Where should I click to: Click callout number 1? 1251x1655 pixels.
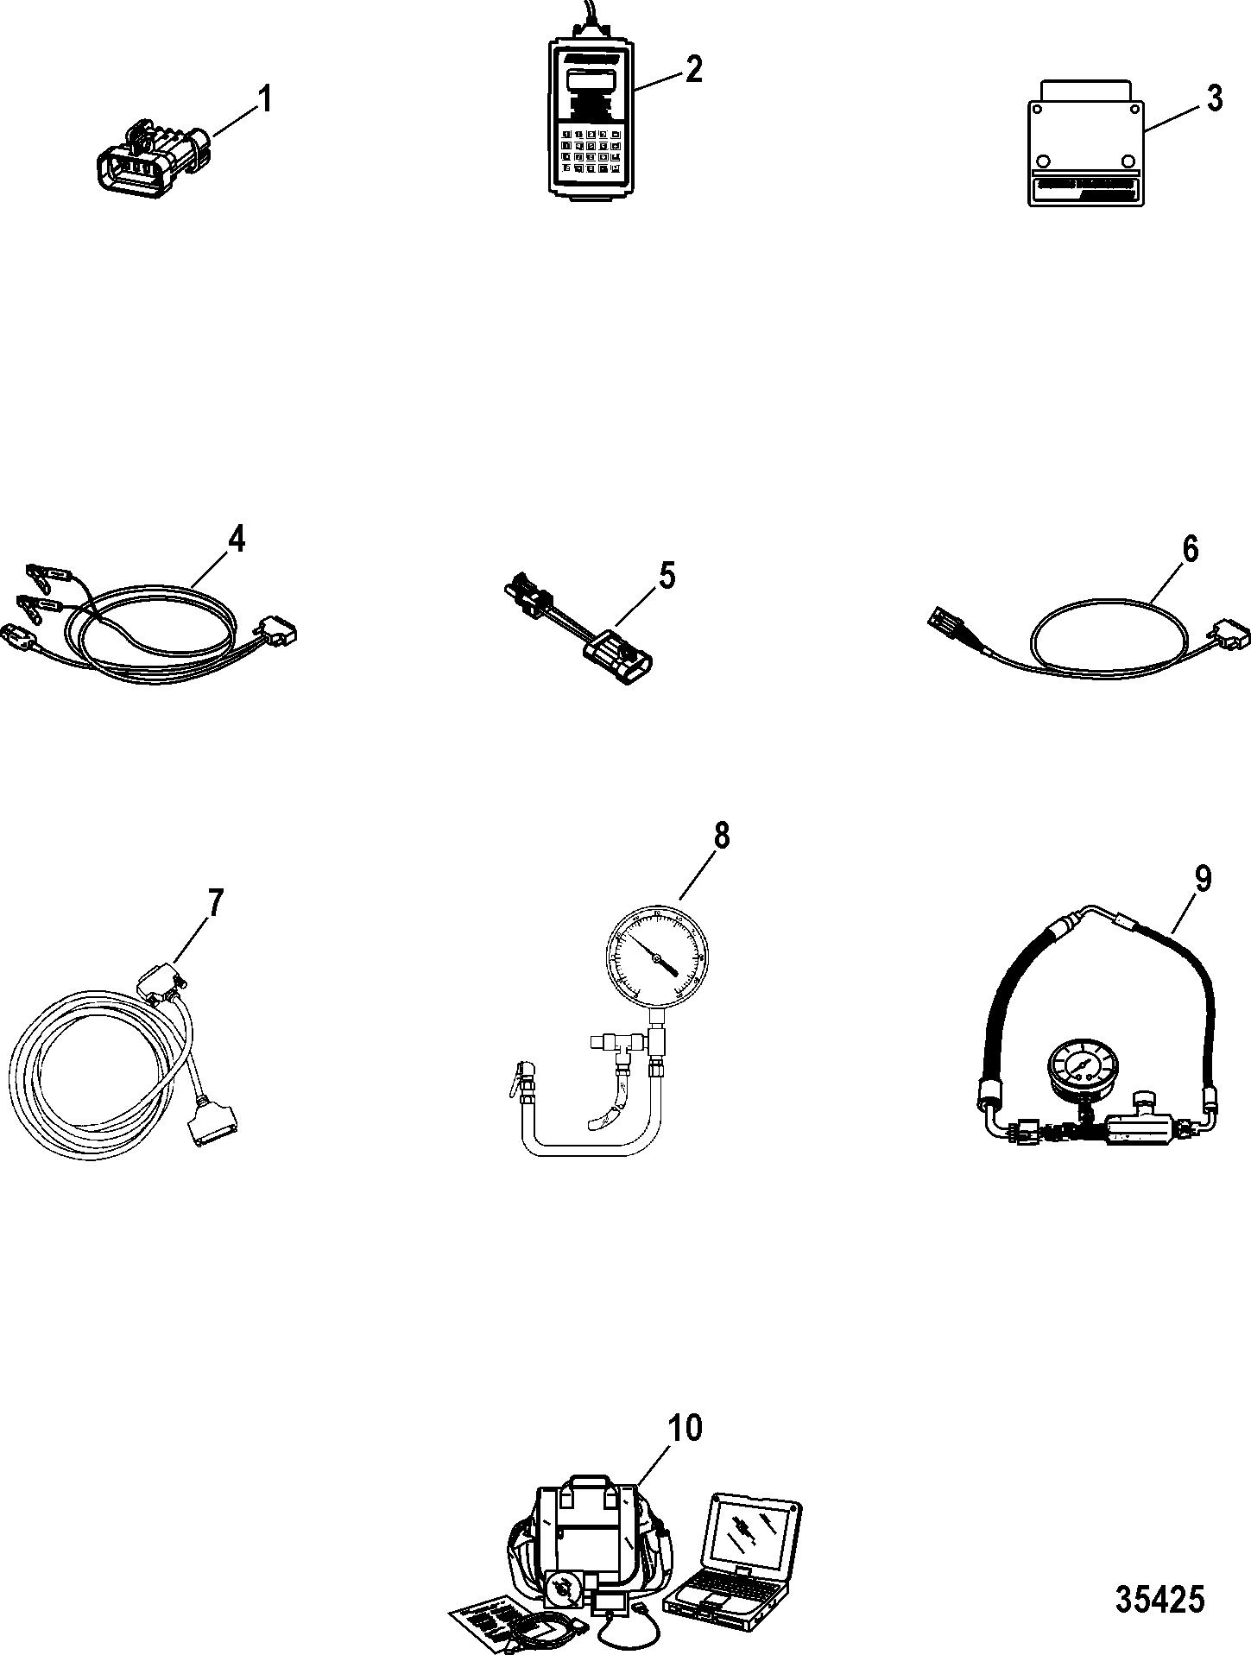pos(265,100)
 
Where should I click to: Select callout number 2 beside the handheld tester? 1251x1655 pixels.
pos(692,68)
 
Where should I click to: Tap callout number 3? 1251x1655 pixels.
pos(1214,99)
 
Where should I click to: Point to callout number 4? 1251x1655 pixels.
pos(236,540)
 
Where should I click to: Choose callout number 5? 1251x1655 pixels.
pos(667,576)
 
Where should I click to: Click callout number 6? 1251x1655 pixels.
pos(1190,549)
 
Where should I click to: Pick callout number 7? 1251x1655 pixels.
pos(214,904)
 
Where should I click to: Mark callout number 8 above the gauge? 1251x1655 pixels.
pos(721,836)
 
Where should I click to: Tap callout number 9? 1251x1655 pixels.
pos(1203,880)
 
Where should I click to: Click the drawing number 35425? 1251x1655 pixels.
pos(1159,1599)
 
